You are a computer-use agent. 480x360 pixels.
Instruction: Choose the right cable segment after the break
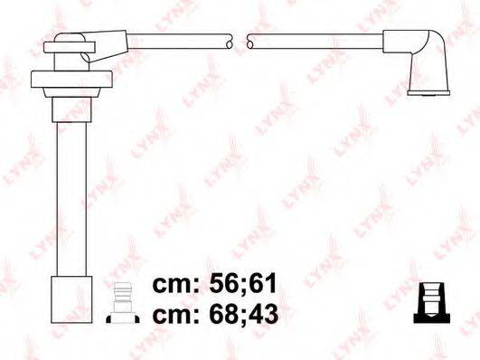(316, 41)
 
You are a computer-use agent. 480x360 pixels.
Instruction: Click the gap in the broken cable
(240, 41)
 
